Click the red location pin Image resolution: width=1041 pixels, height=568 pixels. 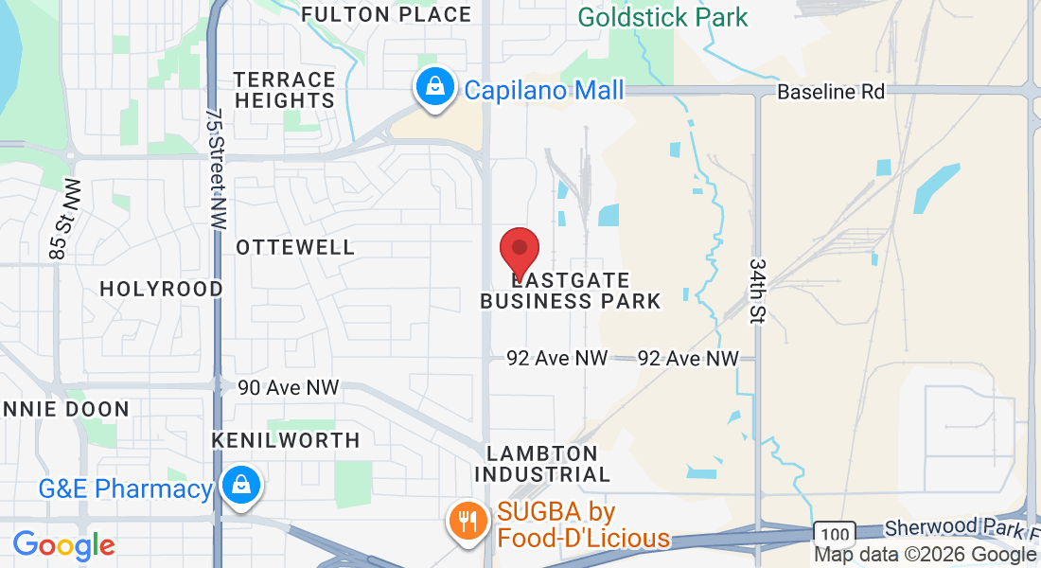click(x=520, y=251)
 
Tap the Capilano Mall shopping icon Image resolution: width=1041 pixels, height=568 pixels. click(x=433, y=88)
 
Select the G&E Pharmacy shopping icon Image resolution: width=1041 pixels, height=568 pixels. click(x=242, y=486)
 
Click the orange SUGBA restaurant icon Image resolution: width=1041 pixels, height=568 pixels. click(x=466, y=520)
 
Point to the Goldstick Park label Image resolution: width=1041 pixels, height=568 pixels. click(x=662, y=17)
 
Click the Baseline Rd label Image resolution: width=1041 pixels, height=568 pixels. click(x=831, y=92)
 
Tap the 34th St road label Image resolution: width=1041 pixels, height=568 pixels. click(x=756, y=291)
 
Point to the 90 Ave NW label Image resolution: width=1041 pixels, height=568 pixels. click(x=288, y=387)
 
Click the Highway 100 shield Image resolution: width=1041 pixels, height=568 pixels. click(x=834, y=533)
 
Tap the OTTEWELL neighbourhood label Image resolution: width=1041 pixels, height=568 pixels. click(x=295, y=247)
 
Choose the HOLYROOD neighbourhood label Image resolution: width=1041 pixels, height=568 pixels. click(x=162, y=289)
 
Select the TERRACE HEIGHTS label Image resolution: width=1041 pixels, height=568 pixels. click(x=285, y=90)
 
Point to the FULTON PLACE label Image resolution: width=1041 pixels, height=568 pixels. click(x=386, y=14)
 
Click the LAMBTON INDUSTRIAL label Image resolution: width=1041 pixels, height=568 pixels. click(x=542, y=464)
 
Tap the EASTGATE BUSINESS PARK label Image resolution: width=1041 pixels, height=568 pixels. click(x=570, y=291)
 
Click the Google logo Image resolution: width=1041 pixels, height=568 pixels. click(x=64, y=545)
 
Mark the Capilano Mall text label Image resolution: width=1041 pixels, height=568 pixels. click(x=544, y=90)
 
